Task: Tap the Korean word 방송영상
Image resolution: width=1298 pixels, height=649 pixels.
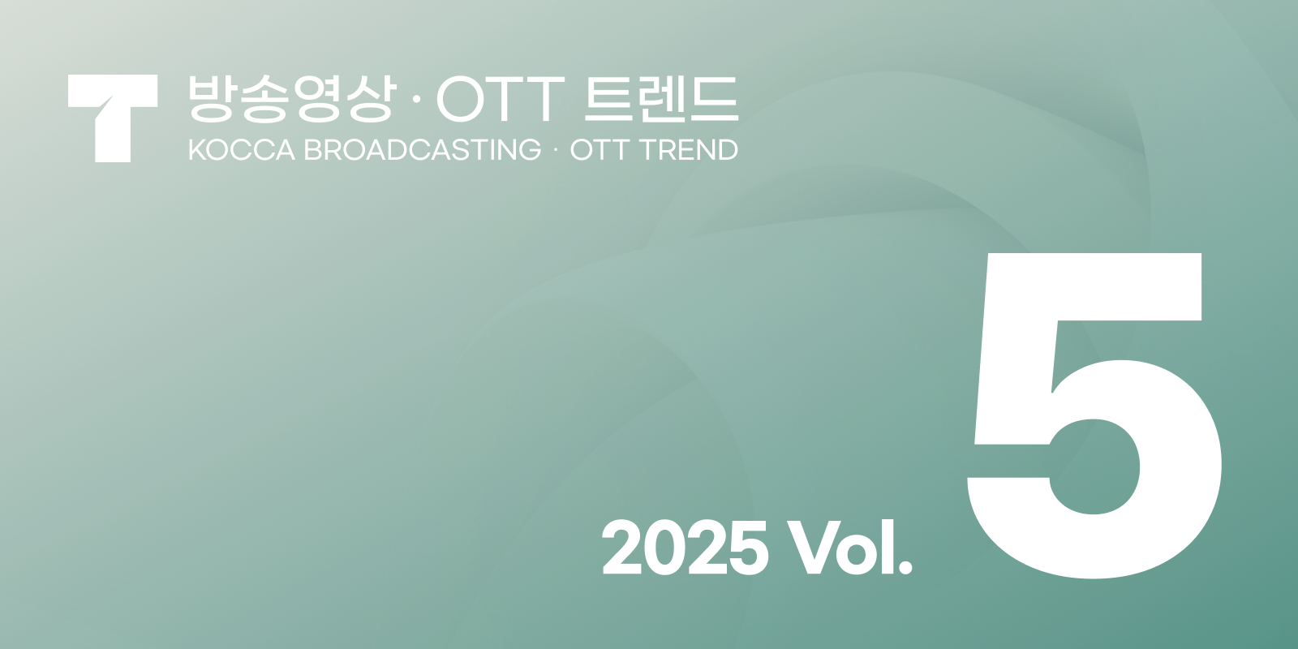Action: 291,99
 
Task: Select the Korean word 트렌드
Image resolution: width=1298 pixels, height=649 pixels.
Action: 660,99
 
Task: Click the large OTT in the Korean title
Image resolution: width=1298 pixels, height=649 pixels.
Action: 500,99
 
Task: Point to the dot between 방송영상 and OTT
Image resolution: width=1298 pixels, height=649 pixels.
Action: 417,101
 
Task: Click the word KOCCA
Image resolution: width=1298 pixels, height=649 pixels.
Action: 241,150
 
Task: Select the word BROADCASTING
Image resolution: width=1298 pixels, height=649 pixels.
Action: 422,150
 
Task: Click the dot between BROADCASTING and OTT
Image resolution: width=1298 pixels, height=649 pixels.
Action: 555,150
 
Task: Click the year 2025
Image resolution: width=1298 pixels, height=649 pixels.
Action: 685,548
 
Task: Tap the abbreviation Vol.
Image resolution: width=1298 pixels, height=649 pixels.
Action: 849,548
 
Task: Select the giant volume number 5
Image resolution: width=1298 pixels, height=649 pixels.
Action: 1094,415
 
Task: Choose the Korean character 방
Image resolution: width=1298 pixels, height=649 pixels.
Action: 210,99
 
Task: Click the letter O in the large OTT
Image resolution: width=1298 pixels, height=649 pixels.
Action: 462,99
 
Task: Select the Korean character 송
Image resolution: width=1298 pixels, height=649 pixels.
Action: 264,99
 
